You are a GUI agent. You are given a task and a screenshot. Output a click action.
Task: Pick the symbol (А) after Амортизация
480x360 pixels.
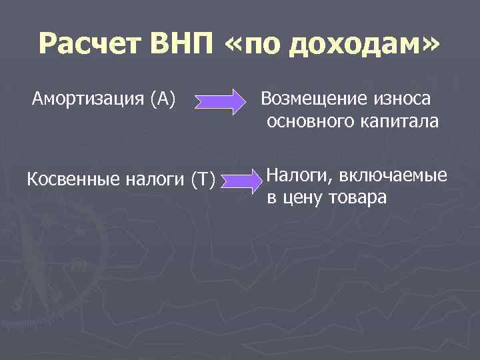163,100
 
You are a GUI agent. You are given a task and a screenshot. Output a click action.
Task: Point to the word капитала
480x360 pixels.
399,121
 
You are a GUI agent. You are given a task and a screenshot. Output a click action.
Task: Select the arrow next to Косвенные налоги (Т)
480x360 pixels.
242,184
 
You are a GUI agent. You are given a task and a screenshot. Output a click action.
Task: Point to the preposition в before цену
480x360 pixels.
271,198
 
